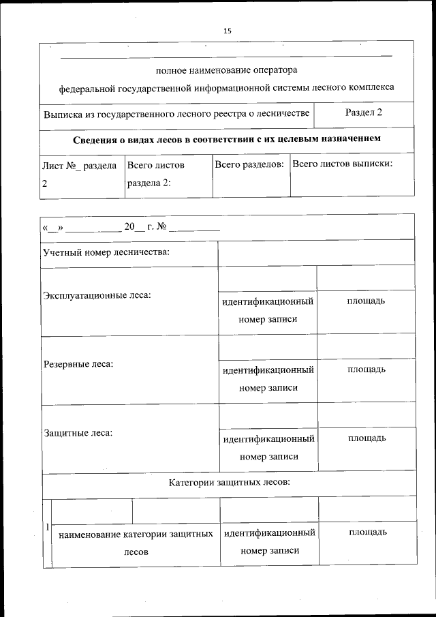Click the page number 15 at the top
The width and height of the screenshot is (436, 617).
227,31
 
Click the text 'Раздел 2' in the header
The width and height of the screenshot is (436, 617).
363,112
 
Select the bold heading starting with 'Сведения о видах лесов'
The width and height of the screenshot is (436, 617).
226,139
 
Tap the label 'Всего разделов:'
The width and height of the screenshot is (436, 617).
249,165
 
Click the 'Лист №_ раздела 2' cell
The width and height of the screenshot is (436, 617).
79,174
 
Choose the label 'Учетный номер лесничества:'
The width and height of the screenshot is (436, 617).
106,252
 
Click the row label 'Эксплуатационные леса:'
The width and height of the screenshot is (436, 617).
97,295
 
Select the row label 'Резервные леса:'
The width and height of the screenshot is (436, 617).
78,363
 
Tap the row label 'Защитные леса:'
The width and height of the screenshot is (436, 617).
78,432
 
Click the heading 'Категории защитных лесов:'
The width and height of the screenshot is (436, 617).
230,483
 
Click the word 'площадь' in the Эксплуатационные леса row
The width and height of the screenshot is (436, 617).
367,301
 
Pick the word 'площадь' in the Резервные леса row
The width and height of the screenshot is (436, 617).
367,370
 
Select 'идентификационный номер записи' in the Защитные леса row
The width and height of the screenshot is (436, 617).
268,447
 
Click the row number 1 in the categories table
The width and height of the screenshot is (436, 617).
46,527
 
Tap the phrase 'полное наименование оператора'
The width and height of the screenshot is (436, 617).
226,70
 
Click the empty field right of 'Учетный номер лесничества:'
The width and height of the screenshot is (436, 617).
316,252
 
